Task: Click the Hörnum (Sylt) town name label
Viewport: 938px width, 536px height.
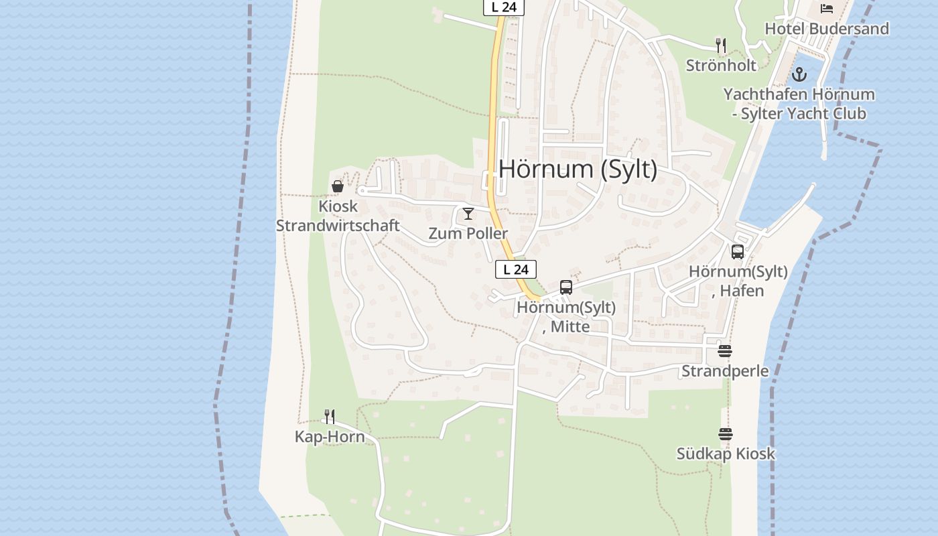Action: click(578, 169)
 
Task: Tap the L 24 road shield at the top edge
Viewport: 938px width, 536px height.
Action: click(503, 7)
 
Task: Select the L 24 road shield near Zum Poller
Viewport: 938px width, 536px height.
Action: click(516, 269)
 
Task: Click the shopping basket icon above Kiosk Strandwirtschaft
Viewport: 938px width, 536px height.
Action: click(338, 186)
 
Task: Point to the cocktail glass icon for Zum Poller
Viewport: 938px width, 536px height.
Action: click(468, 214)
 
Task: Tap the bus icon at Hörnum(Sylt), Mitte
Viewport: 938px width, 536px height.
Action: click(566, 287)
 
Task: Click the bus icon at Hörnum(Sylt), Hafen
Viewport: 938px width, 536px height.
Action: click(738, 252)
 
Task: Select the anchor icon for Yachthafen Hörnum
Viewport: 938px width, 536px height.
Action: click(799, 74)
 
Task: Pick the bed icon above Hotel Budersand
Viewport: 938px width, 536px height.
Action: click(827, 9)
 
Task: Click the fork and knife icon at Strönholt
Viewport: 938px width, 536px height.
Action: click(721, 46)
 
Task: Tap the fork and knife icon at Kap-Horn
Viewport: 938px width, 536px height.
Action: click(330, 417)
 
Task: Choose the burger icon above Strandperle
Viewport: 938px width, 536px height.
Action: click(725, 351)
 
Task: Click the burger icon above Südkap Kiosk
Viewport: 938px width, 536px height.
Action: click(726, 434)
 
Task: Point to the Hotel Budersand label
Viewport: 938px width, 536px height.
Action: click(827, 29)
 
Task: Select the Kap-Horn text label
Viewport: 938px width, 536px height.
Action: click(330, 437)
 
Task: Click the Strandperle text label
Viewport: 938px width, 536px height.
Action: click(725, 371)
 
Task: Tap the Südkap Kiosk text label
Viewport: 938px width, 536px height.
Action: click(726, 454)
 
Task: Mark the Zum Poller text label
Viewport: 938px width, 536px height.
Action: click(468, 234)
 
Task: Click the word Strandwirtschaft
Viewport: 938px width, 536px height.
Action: click(338, 226)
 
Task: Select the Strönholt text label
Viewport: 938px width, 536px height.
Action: click(721, 65)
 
